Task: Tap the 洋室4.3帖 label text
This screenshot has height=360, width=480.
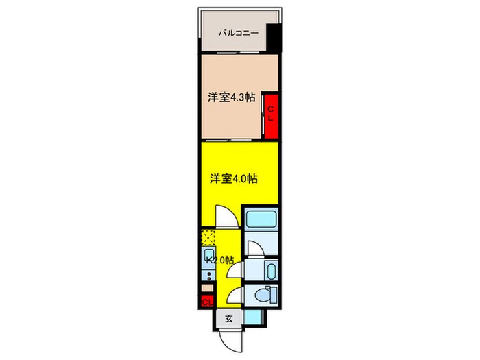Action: point(232,98)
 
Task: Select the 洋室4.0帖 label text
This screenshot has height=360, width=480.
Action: point(232,179)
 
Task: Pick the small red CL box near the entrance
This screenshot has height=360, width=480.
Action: point(207,302)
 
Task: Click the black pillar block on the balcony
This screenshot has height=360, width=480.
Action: point(274,38)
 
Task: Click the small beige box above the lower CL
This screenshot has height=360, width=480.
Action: point(206,288)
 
